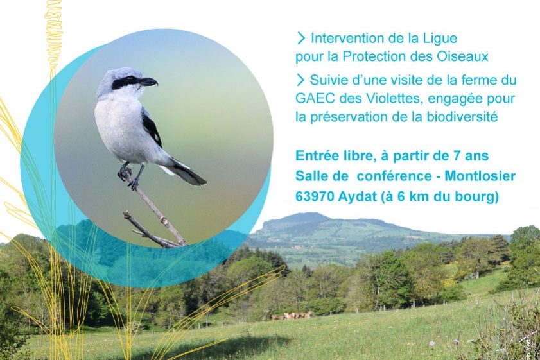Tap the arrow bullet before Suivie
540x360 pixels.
[x=300, y=81]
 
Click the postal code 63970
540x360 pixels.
[x=315, y=197]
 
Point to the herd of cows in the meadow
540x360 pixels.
[x=292, y=316]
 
